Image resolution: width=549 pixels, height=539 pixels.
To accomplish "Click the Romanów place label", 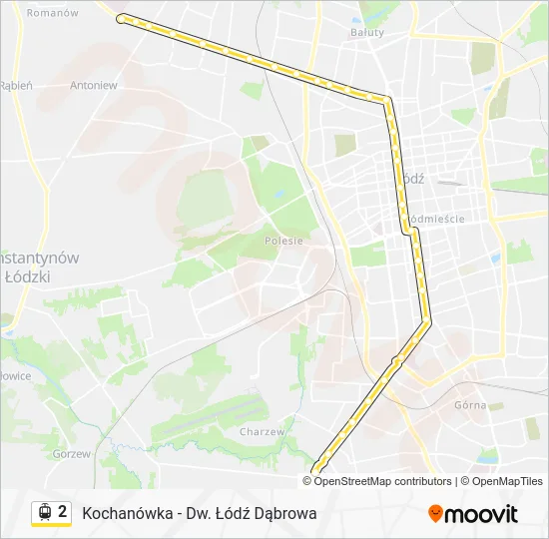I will point(53,13).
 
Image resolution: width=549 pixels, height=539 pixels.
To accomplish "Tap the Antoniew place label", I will point(94,86).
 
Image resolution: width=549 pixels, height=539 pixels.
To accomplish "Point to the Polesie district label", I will point(283,241).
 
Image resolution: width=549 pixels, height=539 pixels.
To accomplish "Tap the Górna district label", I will point(470,405).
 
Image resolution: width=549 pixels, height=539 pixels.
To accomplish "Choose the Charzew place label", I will point(263,432).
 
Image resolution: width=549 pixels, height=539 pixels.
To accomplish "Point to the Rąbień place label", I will point(16,86).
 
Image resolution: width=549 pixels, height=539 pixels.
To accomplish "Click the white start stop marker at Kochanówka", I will point(121,18).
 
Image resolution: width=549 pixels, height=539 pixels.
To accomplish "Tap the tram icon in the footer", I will point(44,513).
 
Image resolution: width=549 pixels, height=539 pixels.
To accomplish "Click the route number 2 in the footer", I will point(62,512).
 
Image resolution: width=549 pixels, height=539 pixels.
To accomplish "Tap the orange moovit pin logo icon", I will point(435,514).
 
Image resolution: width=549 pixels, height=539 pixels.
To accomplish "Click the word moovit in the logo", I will point(481,514).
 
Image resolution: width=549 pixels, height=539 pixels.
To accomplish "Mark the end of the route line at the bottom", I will point(317,470).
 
